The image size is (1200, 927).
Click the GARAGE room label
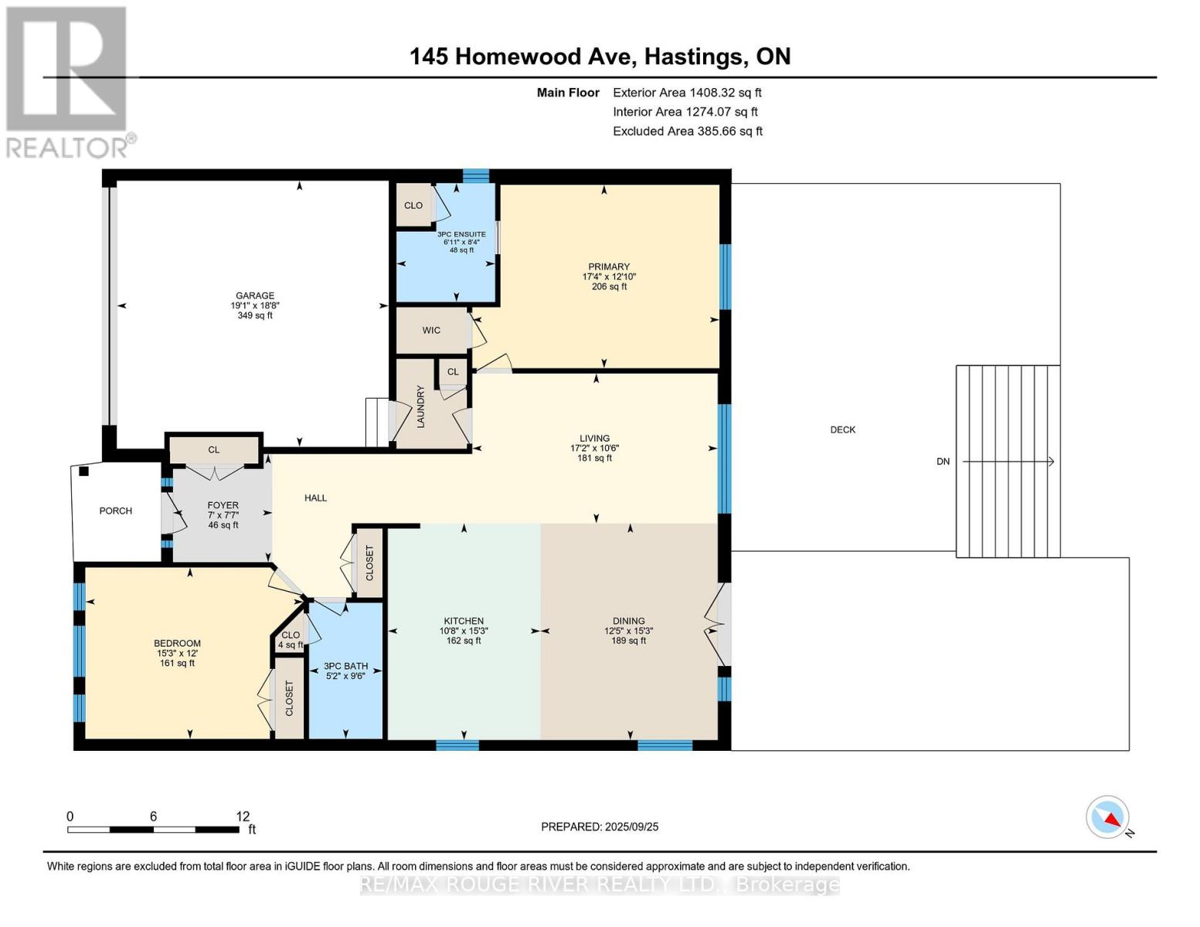[254, 295]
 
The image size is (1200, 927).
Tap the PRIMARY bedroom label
[609, 267]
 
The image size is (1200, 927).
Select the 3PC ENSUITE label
[461, 234]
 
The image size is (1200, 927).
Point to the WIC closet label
[431, 330]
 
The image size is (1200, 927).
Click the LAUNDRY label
[421, 407]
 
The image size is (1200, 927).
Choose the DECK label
[843, 430]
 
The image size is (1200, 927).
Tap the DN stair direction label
[943, 461]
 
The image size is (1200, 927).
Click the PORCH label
[115, 511]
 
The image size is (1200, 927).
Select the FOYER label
[223, 505]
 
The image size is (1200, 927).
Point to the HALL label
[315, 497]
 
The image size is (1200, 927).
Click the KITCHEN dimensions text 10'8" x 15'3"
[464, 630]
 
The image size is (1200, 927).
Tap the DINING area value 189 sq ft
[628, 640]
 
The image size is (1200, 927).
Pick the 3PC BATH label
[345, 666]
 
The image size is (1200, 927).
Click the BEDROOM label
[177, 643]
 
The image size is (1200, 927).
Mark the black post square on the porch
[84, 471]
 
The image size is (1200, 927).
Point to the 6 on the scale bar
[153, 816]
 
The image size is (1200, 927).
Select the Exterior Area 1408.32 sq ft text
[687, 93]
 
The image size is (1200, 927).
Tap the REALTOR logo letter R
[66, 69]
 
